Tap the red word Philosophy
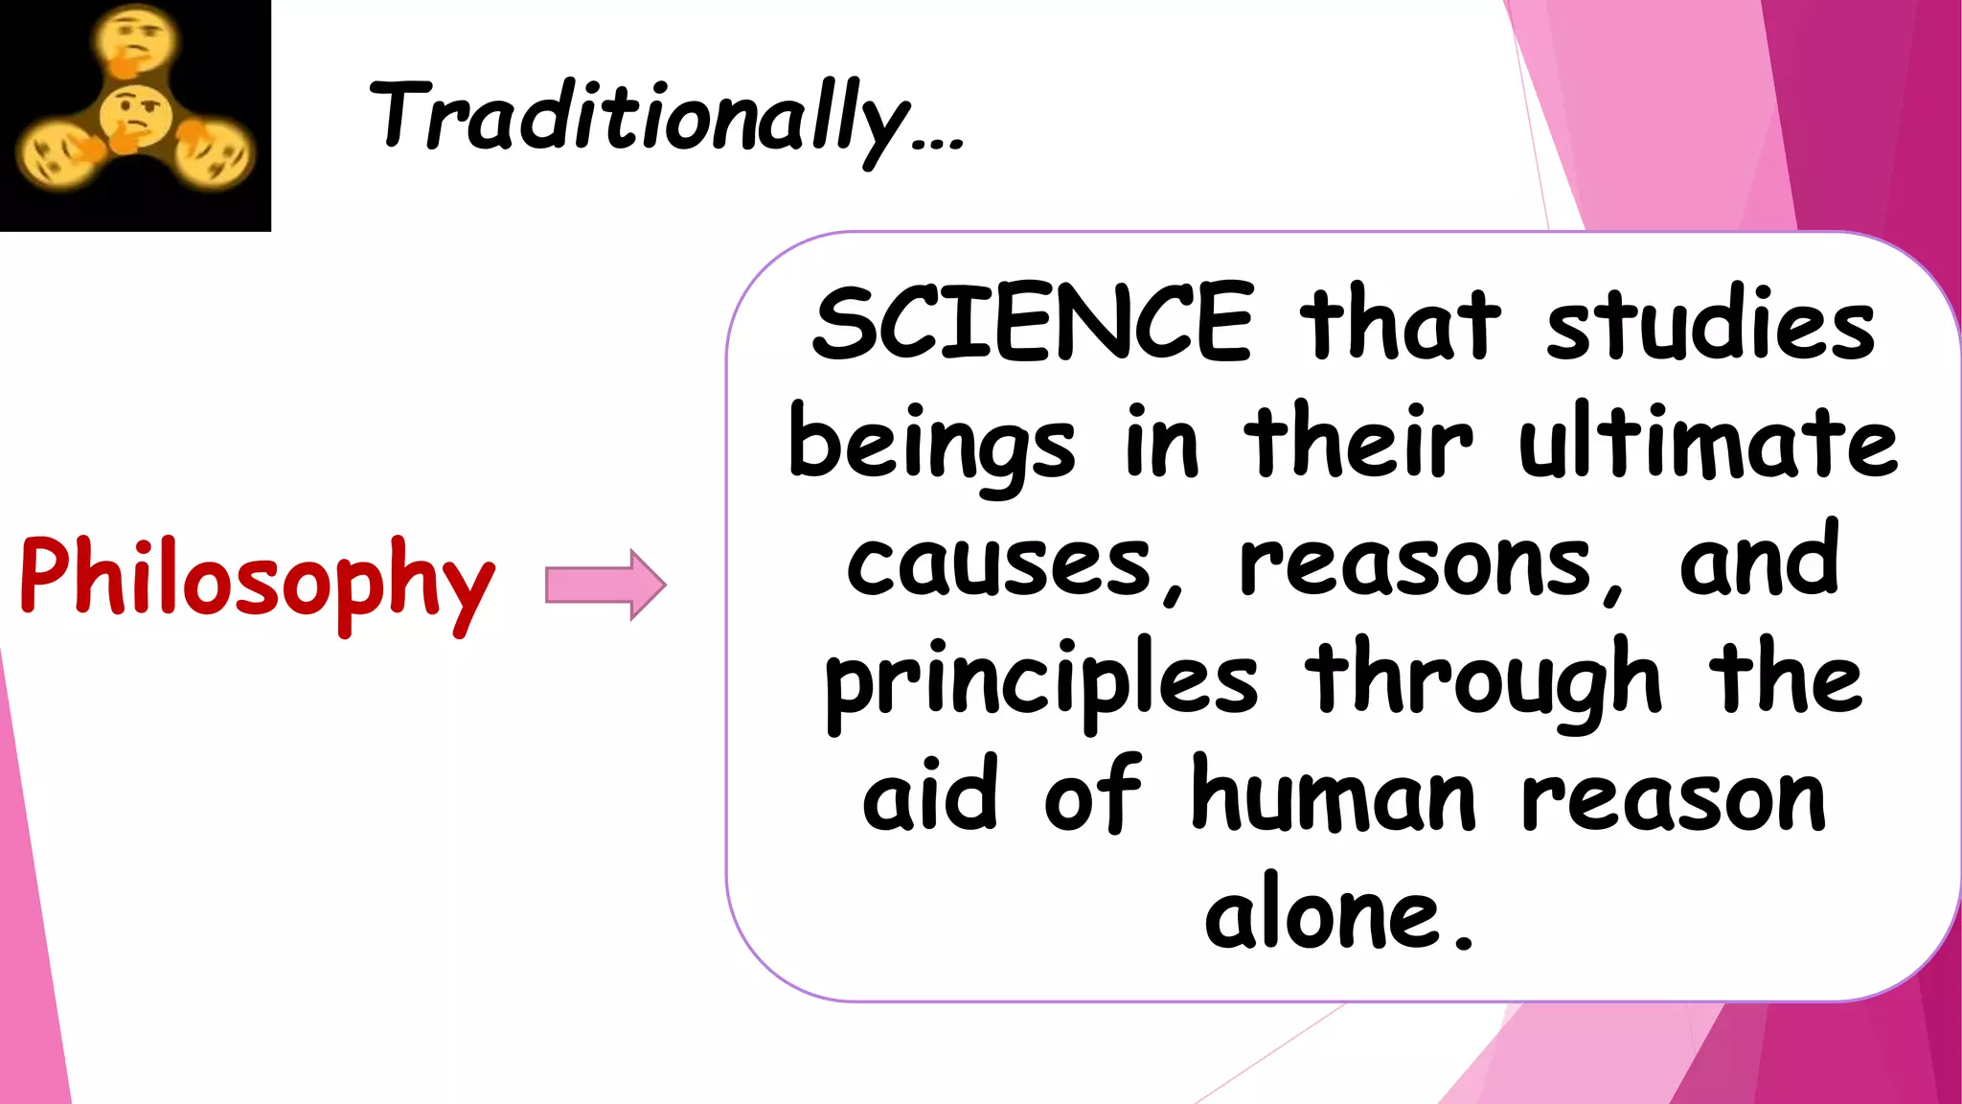point(257,578)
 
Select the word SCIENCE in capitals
point(1032,324)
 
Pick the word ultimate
point(1708,443)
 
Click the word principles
point(1041,682)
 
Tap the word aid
point(930,795)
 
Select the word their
point(1357,443)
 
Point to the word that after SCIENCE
point(1400,324)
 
